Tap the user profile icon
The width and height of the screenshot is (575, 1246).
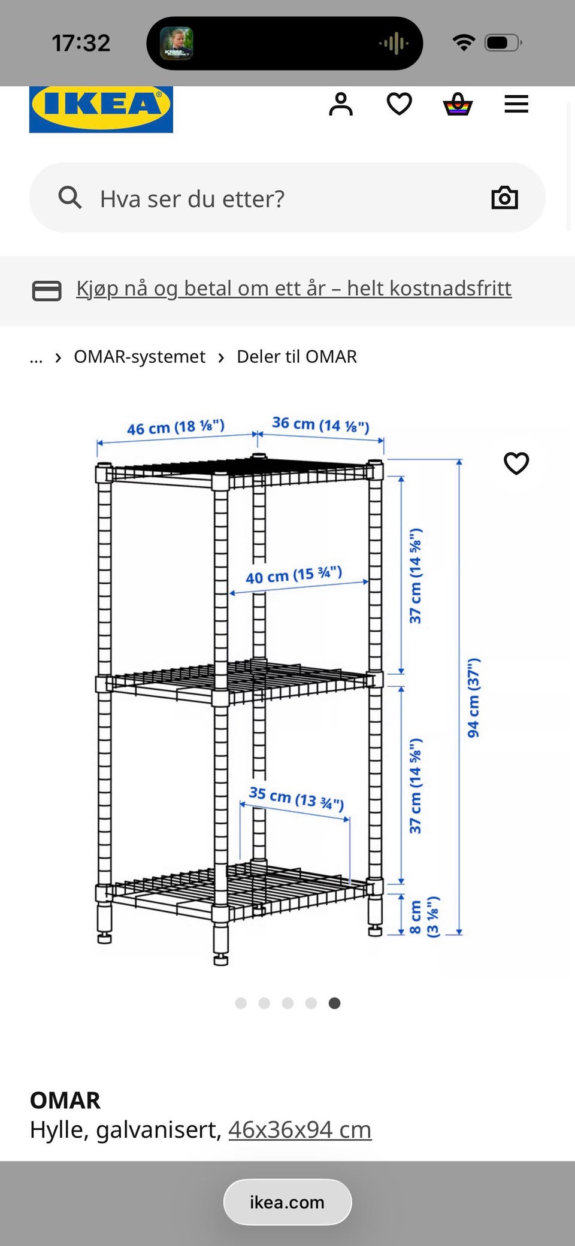[x=341, y=104]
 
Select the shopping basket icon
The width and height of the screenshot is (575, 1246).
[x=458, y=104]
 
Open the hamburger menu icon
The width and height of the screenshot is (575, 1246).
[x=516, y=104]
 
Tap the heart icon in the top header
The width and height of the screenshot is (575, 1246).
[x=399, y=104]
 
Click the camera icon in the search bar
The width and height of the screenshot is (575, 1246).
[x=504, y=198]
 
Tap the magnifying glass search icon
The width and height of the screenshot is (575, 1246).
[x=70, y=197]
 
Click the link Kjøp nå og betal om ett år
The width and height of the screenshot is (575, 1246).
[x=293, y=289]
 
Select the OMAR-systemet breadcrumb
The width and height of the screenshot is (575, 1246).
[x=139, y=357]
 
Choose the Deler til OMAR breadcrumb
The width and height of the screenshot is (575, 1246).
[x=296, y=357]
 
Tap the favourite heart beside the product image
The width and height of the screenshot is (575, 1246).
[x=516, y=463]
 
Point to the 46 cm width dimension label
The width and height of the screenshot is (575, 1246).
[x=175, y=428]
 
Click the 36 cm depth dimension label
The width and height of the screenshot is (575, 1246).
[x=320, y=425]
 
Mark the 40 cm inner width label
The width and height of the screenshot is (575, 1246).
[x=293, y=575]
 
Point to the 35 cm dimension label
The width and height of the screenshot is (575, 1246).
[x=296, y=798]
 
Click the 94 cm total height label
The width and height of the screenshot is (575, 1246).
[x=473, y=698]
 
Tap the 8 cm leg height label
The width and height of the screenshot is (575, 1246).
[x=423, y=917]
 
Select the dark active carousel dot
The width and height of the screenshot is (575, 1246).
[x=334, y=1003]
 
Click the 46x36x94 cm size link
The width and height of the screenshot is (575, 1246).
[x=299, y=1130]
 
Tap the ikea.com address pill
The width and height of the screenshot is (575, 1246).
[x=287, y=1202]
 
